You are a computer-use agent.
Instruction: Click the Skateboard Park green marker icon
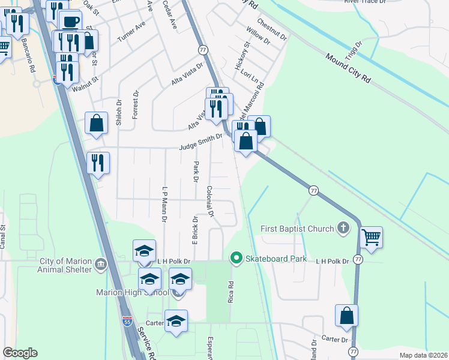[x=236, y=259]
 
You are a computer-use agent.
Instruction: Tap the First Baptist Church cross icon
[x=343, y=228]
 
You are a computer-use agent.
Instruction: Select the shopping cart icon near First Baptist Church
[x=372, y=237]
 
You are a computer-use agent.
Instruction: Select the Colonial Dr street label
[x=211, y=200]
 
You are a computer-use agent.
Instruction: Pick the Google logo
[x=20, y=353]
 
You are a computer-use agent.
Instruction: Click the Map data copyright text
[x=424, y=355]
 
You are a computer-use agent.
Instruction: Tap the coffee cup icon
[x=71, y=21]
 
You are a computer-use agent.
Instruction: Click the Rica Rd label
[x=230, y=290]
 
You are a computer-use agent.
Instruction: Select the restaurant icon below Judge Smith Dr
[x=98, y=163]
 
